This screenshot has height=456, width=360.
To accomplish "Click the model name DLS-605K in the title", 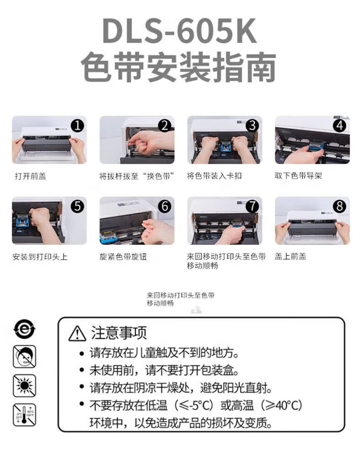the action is click(180, 31).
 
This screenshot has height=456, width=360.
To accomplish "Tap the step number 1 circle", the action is click(77, 126).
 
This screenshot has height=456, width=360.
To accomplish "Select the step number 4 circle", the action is click(340, 126).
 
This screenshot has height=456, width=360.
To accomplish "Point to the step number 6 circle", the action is click(165, 206).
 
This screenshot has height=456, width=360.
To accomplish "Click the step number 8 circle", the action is click(340, 206).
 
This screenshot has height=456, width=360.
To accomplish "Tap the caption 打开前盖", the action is click(31, 176).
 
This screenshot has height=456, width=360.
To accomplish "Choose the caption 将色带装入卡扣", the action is click(214, 176).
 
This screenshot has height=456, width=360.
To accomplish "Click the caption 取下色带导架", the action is click(299, 176).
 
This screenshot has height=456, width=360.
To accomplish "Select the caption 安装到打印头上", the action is click(40, 257).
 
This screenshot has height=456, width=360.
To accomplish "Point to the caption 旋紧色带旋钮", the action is click(123, 257).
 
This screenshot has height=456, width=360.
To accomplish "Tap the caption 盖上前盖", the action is click(290, 256).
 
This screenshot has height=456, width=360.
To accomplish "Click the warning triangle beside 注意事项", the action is click(77, 333).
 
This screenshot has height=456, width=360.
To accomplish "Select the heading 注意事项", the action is click(119, 333).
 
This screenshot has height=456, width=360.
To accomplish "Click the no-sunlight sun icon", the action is click(24, 385).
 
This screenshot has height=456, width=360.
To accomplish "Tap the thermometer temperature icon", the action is click(24, 415).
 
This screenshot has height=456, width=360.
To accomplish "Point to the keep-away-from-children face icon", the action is click(24, 357).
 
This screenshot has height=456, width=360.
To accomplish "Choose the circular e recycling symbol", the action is click(24, 329).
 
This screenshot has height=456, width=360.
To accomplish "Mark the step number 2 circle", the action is click(165, 126).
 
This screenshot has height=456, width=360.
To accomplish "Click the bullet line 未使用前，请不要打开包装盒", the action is click(164, 370).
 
